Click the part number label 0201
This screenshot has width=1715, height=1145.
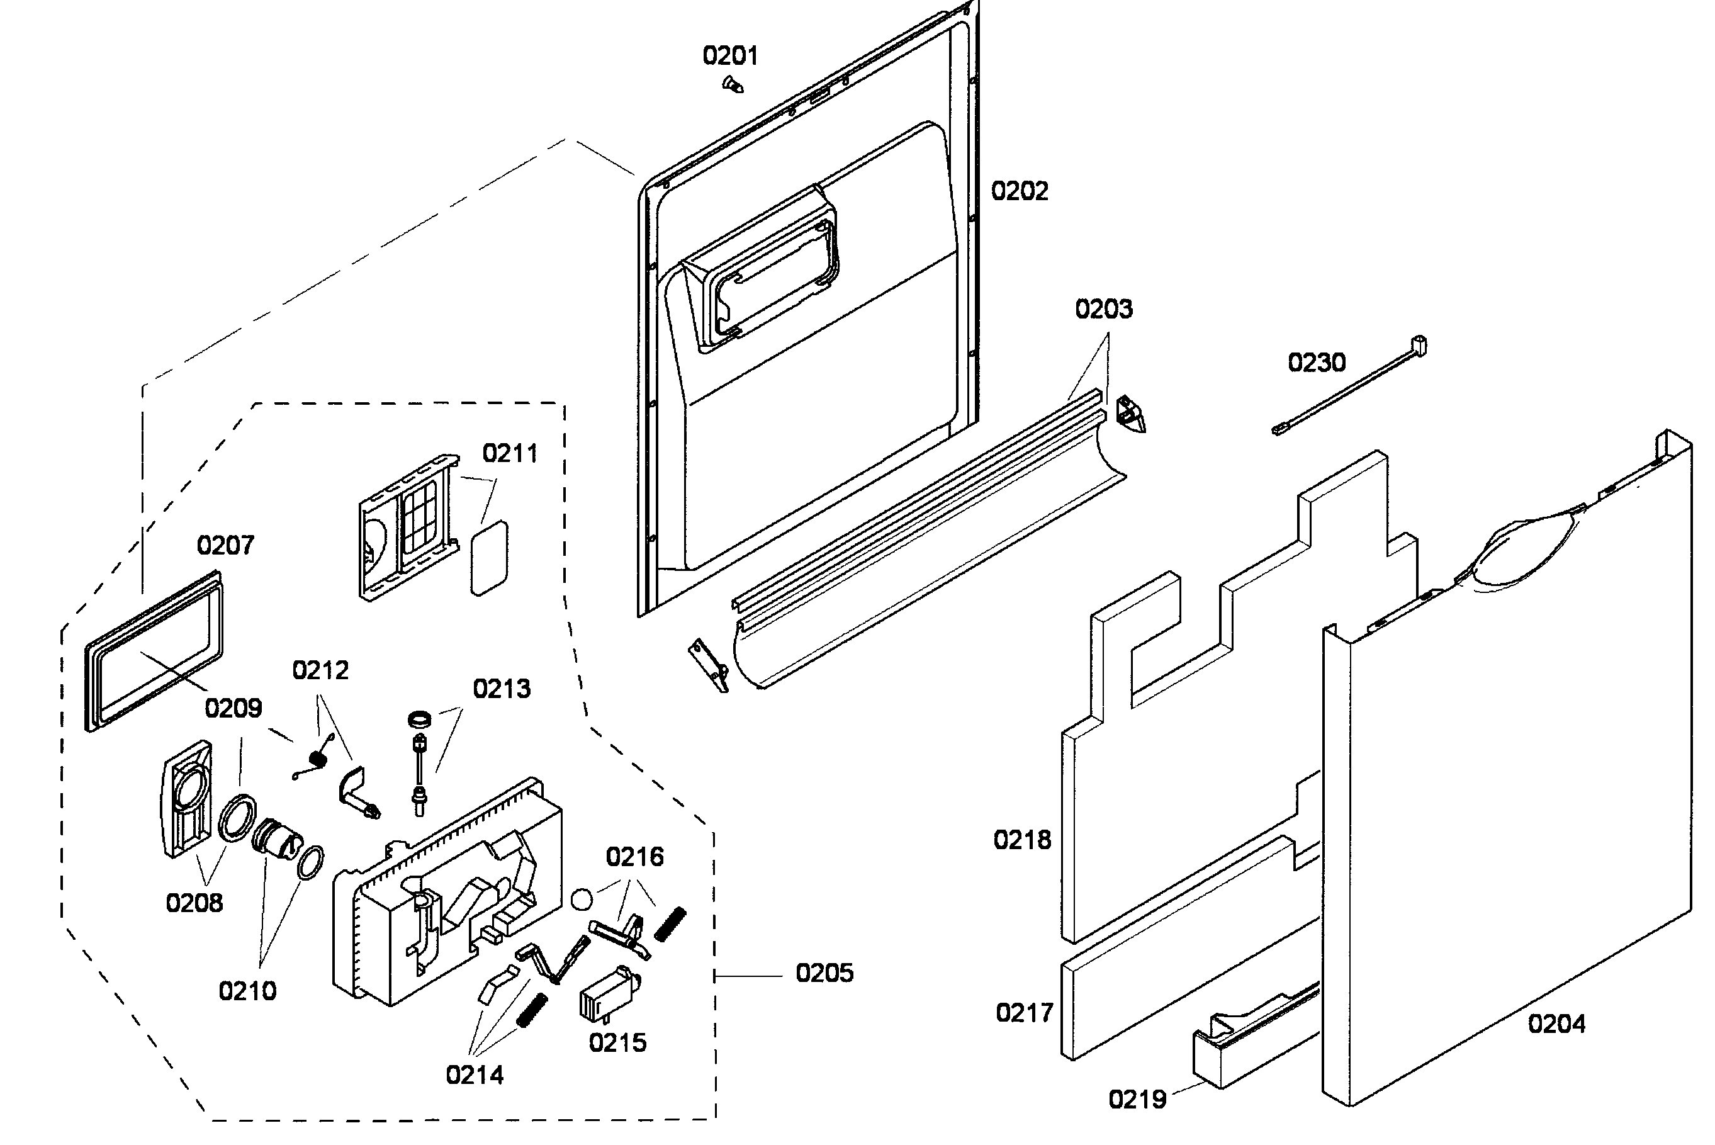pyautogui.click(x=730, y=55)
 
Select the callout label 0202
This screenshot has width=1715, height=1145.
pyautogui.click(x=1019, y=191)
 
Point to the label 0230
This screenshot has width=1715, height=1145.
pyautogui.click(x=1317, y=362)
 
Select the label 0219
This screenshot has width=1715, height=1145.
pyautogui.click(x=1137, y=1100)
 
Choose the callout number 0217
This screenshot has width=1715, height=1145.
pyautogui.click(x=1025, y=1013)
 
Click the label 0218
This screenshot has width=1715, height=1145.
pyautogui.click(x=1022, y=840)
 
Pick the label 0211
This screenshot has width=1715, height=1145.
pyautogui.click(x=510, y=453)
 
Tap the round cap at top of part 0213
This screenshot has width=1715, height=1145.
pyautogui.click(x=419, y=719)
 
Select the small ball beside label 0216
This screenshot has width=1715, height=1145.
pyautogui.click(x=582, y=900)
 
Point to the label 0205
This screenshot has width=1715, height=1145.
pyautogui.click(x=824, y=973)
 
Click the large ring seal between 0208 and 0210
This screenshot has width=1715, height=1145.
pyautogui.click(x=238, y=817)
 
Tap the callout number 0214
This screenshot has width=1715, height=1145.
pyautogui.click(x=475, y=1075)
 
